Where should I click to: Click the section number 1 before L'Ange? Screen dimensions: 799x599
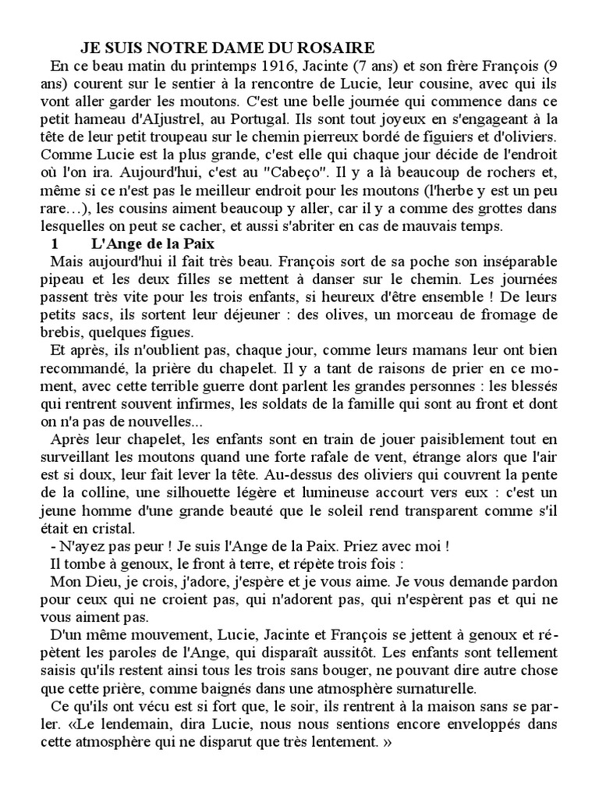click(x=55, y=244)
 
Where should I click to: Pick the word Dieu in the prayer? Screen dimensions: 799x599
click(x=107, y=581)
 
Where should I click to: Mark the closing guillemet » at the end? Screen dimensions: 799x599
click(x=385, y=742)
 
